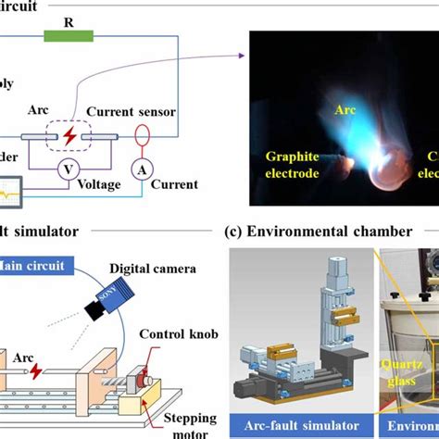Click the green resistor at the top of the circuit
(69, 36)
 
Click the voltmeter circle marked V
(66, 169)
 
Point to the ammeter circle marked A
(141, 169)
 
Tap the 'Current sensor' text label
(131, 111)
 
